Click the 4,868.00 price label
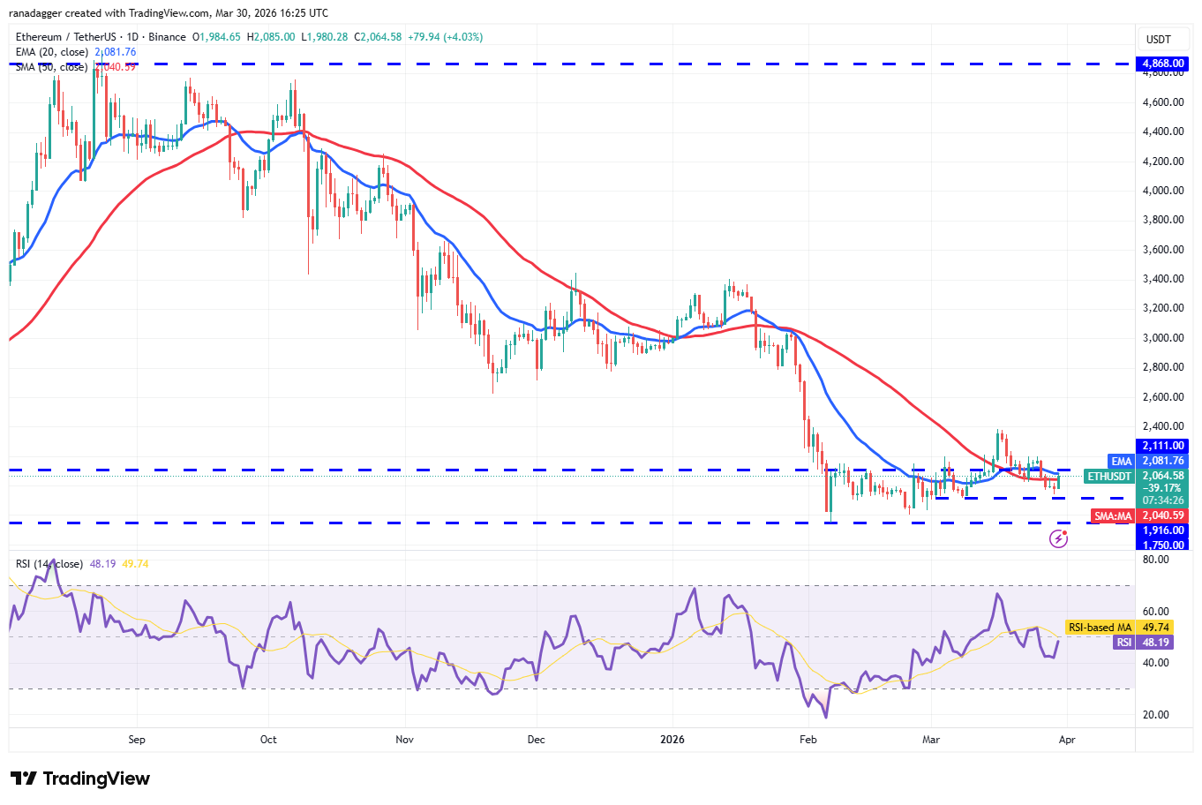point(1163,64)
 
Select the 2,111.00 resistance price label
point(1163,447)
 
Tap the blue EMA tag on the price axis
point(1121,461)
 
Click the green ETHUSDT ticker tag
point(1109,476)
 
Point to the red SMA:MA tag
point(1112,515)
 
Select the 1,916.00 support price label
point(1163,530)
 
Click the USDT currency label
point(1158,40)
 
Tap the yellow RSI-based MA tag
point(1100,628)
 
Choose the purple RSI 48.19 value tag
point(1124,643)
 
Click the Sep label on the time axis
point(137,740)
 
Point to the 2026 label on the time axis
point(672,740)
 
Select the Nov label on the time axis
point(404,740)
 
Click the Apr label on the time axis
point(1067,740)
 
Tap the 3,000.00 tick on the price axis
point(1163,338)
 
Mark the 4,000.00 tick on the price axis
point(1163,191)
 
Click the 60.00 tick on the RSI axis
point(1155,612)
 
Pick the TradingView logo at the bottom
point(80,779)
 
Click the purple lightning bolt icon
point(1058,538)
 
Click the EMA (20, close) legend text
point(51,52)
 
